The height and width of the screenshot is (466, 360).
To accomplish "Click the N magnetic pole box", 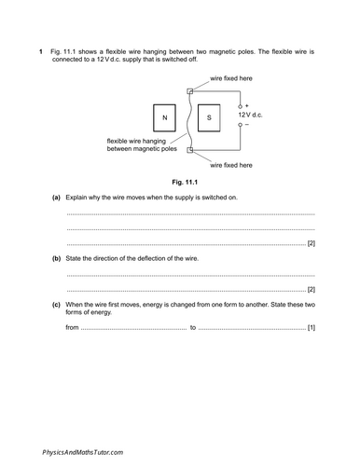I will coord(164,117).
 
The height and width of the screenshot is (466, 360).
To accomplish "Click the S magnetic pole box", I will coord(209,117).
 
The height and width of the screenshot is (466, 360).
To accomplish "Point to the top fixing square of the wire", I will coord(190,90).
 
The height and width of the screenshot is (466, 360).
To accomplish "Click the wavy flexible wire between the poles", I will coord(189,119).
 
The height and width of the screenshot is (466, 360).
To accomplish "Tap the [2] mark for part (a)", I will coord(311,243).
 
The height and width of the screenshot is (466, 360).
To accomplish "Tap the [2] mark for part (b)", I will coord(311,290).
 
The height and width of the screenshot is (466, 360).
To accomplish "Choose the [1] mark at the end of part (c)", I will coord(311,328).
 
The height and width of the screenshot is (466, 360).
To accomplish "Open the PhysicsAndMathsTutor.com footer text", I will coord(82,451).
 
